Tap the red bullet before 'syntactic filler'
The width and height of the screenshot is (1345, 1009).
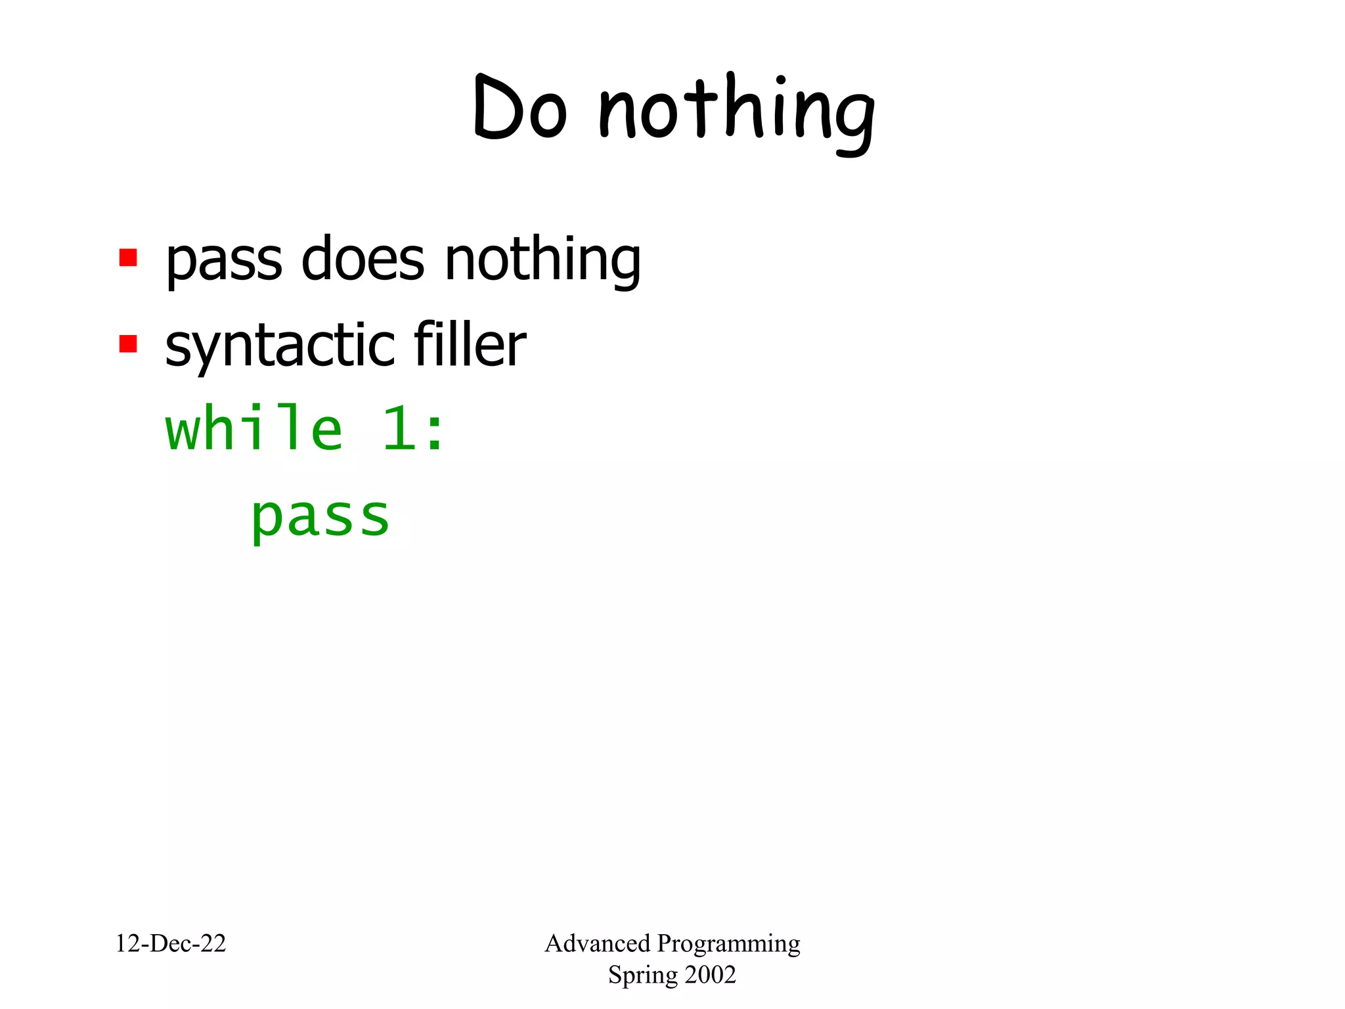click(x=128, y=343)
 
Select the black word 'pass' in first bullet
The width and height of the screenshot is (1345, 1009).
click(x=224, y=260)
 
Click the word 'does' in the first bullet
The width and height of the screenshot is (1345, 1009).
click(x=363, y=259)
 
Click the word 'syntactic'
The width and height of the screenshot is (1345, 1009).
click(x=280, y=346)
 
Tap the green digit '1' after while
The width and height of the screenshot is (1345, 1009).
click(x=399, y=428)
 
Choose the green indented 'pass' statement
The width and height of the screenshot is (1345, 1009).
click(x=320, y=518)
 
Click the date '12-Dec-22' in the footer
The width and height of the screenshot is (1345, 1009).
click(x=171, y=943)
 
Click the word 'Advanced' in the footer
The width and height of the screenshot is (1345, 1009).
click(x=597, y=943)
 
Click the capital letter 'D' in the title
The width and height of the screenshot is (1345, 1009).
click(x=495, y=107)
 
